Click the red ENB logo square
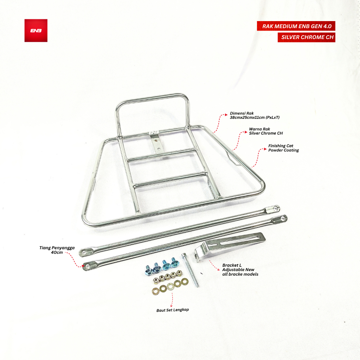point(36,31)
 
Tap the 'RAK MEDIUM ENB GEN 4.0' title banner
point(296,26)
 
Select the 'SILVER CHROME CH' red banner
point(306,37)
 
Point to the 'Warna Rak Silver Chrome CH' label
point(266,131)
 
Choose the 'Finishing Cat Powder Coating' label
point(284,148)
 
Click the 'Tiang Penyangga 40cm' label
point(57,250)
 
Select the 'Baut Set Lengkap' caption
point(173,310)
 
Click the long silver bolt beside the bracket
point(190,270)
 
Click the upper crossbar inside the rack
point(162,155)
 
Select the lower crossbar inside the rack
point(171,179)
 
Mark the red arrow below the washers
point(172,299)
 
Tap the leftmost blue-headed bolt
point(148,269)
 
